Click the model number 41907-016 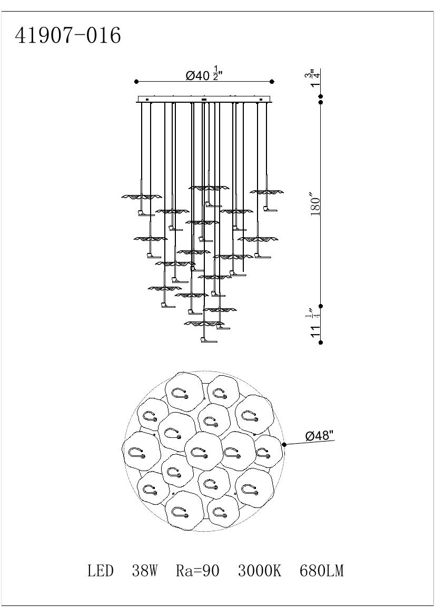(68, 36)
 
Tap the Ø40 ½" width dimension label (205, 75)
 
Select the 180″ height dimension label (315, 207)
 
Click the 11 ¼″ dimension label (315, 323)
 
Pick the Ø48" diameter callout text (320, 436)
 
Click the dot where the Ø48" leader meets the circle (284, 445)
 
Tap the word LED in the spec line (101, 570)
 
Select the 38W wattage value (144, 570)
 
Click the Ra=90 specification (197, 570)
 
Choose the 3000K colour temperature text (259, 570)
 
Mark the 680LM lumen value (321, 570)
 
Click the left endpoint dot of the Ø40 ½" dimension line (136, 82)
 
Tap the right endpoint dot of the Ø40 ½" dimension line (272, 82)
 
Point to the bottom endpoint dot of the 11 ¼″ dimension (321, 342)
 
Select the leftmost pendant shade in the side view (141, 197)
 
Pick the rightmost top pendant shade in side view (267, 191)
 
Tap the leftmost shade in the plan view (141, 451)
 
